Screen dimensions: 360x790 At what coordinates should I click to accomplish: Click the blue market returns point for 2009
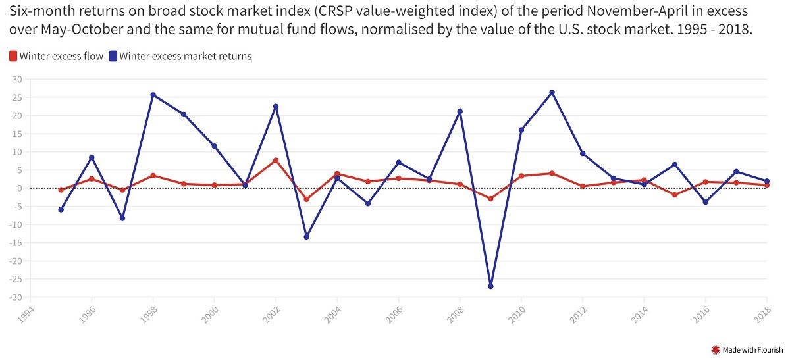point(490,286)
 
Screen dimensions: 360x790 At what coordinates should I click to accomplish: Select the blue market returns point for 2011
point(552,93)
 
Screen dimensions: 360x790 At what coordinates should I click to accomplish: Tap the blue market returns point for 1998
point(153,95)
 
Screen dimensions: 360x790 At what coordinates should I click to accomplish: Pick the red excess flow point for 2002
point(276,160)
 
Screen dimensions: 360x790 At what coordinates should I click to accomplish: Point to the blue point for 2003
point(306,237)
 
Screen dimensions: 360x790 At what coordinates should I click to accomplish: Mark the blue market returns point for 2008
point(460,111)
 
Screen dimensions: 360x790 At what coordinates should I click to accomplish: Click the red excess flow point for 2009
point(490,199)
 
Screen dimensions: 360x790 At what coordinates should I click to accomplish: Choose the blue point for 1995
point(61,209)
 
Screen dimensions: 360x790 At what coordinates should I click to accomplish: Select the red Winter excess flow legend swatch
point(13,57)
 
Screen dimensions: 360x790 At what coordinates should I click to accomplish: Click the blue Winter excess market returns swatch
point(113,57)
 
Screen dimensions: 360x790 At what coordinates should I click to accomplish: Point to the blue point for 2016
point(705,202)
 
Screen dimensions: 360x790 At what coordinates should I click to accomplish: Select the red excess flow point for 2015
point(675,195)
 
